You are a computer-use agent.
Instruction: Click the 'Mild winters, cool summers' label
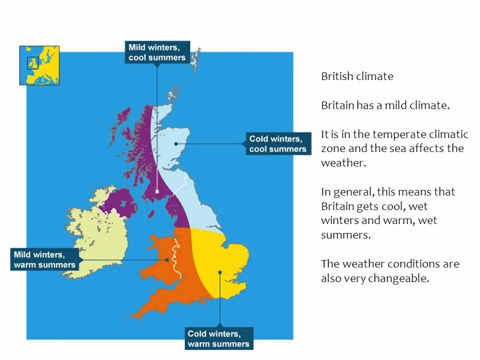pos(157,52)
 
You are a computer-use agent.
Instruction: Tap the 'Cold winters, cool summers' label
pos(277,143)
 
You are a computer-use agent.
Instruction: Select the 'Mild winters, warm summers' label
pos(44,259)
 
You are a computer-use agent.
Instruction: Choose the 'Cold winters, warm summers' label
pos(218,338)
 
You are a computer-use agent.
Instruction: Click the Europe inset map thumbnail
pos(39,65)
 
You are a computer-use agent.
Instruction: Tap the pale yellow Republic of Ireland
pos(97,235)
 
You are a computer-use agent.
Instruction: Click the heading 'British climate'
pos(357,76)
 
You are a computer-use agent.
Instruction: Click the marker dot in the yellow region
pos(219,272)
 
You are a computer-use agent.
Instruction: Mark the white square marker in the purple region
pos(157,191)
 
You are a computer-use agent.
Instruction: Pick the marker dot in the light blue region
pos(176,143)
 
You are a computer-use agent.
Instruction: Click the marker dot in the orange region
pos(167,259)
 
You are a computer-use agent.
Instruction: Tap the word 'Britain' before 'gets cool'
pos(338,206)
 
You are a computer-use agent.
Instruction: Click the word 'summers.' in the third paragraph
pos(345,235)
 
